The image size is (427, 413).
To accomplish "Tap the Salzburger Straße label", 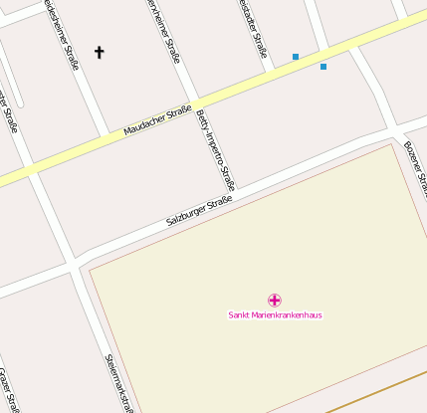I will tap(199, 211).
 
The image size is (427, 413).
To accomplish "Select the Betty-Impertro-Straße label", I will tap(216, 148).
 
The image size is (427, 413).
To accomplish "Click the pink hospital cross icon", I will tap(275, 300).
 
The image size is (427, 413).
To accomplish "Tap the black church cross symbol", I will tap(99, 52).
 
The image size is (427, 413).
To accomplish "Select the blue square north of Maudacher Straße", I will tap(296, 57).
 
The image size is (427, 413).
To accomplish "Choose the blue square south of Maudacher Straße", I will tap(323, 67).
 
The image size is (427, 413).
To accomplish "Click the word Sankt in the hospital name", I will tap(239, 315).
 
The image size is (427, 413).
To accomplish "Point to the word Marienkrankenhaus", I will tap(287, 315).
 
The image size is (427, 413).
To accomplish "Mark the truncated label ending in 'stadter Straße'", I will tap(255, 30).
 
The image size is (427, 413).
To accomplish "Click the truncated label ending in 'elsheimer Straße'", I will tap(62, 30).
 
